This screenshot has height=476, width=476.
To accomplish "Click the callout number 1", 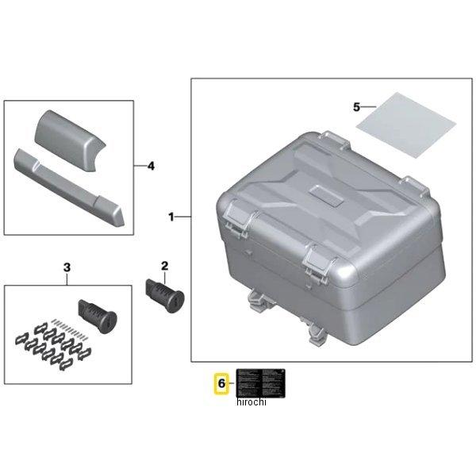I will (171, 217).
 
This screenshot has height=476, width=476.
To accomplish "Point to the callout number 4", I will (151, 165).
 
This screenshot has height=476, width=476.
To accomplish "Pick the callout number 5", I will (356, 106).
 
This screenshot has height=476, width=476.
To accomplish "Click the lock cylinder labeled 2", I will (164, 294).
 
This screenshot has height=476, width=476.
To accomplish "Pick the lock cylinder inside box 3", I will (98, 317).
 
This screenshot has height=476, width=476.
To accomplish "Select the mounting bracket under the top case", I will (262, 302).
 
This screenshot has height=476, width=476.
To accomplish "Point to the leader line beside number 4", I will (140, 165).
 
